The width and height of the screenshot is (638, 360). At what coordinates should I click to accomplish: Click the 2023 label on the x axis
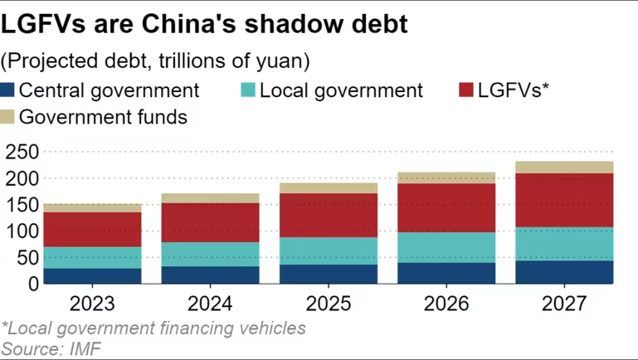tap(91, 303)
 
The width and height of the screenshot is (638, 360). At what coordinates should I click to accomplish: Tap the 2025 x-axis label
tap(328, 303)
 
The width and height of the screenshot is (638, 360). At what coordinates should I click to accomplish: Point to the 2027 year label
tap(564, 303)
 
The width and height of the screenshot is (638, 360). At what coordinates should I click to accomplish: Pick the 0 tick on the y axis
tap(31, 284)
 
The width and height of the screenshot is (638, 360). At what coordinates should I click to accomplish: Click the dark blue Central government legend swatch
tap(9, 90)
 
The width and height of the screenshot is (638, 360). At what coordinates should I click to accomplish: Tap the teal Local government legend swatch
tap(247, 90)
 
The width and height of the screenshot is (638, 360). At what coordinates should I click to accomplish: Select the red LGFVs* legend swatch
tap(466, 90)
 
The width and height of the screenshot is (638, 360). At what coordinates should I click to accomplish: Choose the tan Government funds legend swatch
tap(9, 117)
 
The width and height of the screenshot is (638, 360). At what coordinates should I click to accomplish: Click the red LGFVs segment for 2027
tap(564, 200)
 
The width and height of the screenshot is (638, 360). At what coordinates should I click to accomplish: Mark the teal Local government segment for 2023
tap(91, 257)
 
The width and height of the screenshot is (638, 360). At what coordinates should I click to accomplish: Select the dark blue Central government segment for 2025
tap(328, 274)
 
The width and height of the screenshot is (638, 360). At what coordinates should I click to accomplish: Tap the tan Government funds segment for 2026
tap(446, 178)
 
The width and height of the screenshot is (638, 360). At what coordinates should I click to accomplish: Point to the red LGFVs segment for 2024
tap(210, 222)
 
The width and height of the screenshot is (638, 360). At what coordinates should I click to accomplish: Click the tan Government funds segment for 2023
tap(91, 207)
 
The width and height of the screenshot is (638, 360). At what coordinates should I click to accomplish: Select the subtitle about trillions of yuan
tap(156, 61)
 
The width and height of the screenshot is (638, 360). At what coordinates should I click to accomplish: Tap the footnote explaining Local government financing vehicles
tap(153, 328)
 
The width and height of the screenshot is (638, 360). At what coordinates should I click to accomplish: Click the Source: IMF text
tap(51, 348)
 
